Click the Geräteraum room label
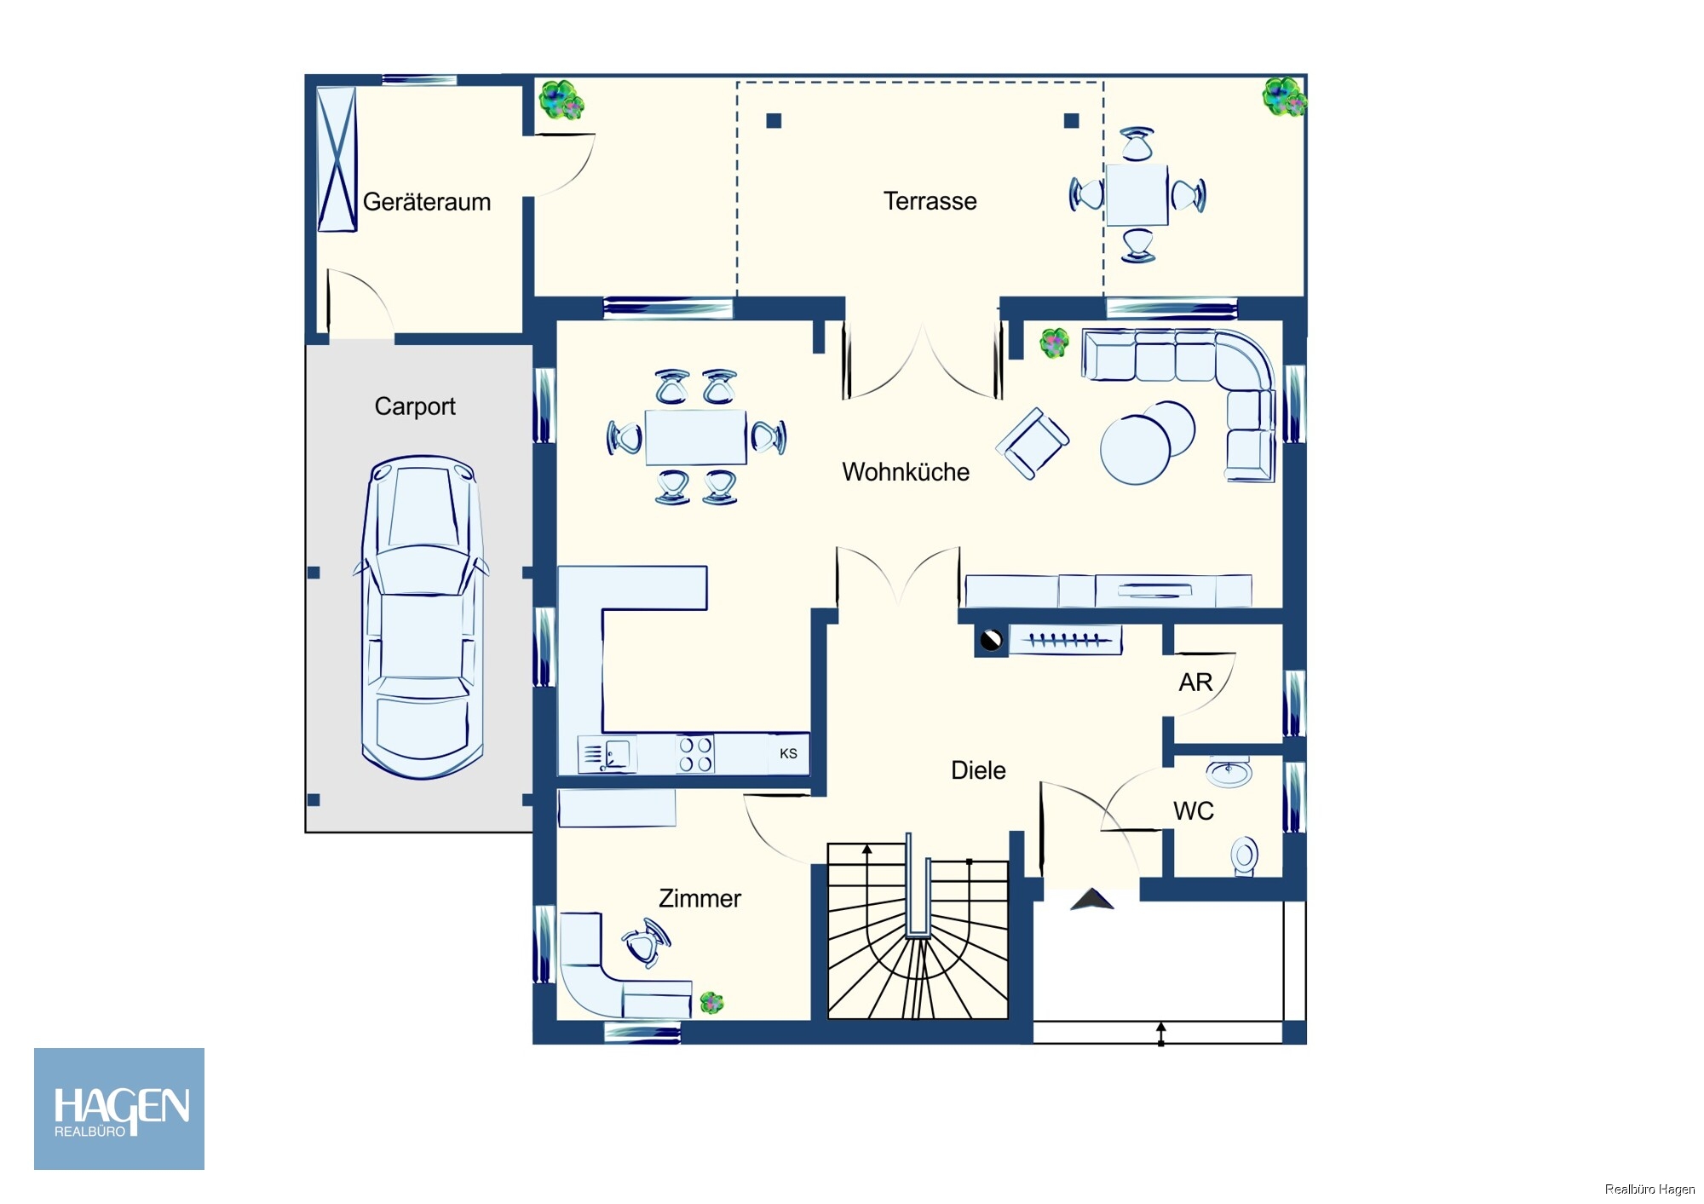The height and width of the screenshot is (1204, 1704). tap(427, 202)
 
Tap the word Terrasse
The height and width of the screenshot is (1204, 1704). tap(930, 201)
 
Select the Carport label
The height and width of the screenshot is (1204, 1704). tap(415, 406)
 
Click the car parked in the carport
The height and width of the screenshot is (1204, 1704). tap(422, 618)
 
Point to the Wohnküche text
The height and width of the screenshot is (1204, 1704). tap(906, 472)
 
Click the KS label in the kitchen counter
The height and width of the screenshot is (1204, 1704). tap(788, 753)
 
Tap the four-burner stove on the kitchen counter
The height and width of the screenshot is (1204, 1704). tap(695, 754)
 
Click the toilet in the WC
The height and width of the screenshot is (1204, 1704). tap(1244, 855)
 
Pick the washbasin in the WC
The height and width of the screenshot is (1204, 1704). tap(1229, 772)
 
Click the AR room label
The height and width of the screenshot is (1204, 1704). tap(1195, 683)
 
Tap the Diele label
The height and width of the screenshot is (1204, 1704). tap(978, 770)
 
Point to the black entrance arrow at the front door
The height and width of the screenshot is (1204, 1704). tap(1092, 899)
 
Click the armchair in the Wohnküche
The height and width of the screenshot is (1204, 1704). tap(1033, 443)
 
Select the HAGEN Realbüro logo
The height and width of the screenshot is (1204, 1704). tap(119, 1109)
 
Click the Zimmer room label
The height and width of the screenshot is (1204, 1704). tap(699, 898)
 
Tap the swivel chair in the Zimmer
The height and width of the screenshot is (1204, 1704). tap(647, 942)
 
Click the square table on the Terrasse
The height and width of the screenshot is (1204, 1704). tap(1137, 194)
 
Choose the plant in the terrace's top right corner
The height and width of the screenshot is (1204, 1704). tap(1284, 96)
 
